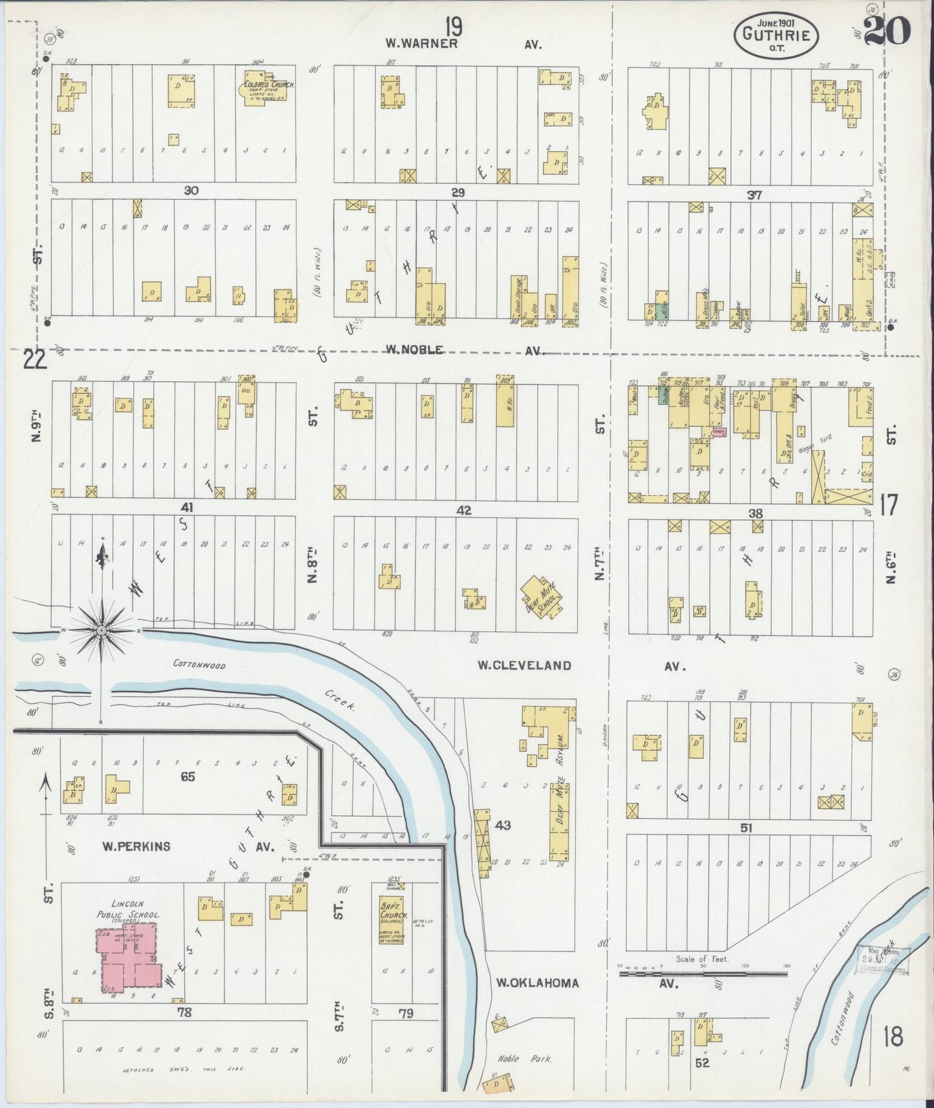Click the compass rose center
click(x=101, y=629)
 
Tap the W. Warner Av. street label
click(x=422, y=44)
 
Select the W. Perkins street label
click(x=136, y=846)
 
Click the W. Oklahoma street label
click(x=537, y=983)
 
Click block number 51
click(x=747, y=828)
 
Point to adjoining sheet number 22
click(x=34, y=359)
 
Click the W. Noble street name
click(x=414, y=350)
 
